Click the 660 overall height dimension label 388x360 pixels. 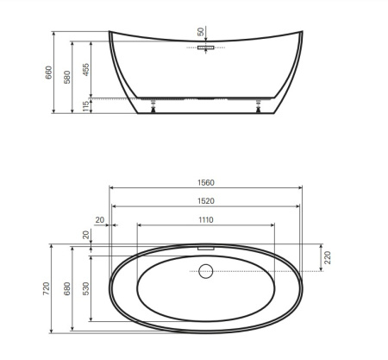pyautogui.click(x=48, y=73)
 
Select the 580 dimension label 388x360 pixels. pyautogui.click(x=66, y=77)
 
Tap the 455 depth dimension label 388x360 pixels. pyautogui.click(x=85, y=70)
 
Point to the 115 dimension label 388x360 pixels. pyautogui.click(x=85, y=107)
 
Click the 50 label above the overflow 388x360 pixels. pyautogui.click(x=201, y=32)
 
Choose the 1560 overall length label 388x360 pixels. pyautogui.click(x=206, y=183)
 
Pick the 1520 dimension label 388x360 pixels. pyautogui.click(x=206, y=201)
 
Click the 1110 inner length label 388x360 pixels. pyautogui.click(x=206, y=220)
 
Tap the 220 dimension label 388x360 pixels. pyautogui.click(x=328, y=257)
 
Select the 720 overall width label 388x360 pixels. pyautogui.click(x=46, y=288)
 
